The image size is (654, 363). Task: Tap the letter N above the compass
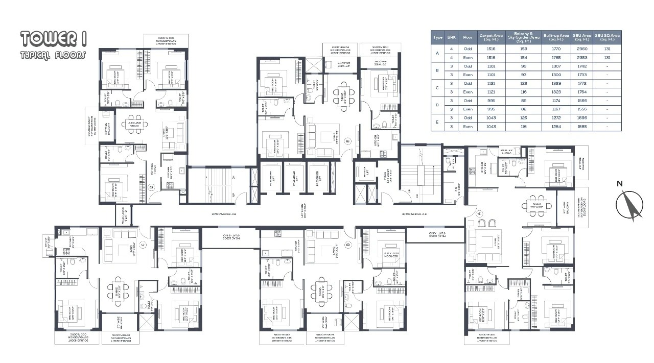click(x=619, y=184)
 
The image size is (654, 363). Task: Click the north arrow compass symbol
click(x=629, y=206)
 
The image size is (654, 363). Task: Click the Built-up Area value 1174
click(x=556, y=101)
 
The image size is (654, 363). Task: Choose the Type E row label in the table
click(x=437, y=122)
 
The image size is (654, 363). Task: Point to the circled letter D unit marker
click(x=151, y=187)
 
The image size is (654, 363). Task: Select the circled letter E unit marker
click(x=347, y=140)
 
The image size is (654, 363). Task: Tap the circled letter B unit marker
click(x=347, y=244)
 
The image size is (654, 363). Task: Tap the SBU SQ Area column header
click(x=608, y=37)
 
